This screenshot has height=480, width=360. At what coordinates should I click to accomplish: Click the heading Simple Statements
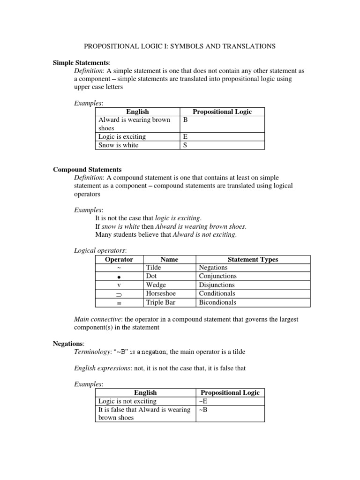click(81, 63)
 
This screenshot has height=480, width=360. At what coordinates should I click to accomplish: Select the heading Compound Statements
click(87, 169)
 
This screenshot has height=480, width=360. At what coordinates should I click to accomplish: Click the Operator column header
click(119, 259)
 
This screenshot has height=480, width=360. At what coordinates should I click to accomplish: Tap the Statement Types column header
click(253, 259)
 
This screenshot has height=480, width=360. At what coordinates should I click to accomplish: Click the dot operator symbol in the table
click(119, 277)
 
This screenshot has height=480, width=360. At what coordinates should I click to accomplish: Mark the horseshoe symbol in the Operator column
click(119, 294)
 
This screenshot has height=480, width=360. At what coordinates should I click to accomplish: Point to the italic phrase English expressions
click(102, 368)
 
